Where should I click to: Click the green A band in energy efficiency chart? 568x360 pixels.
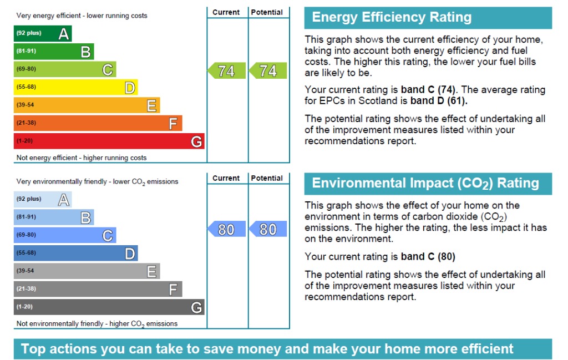click(x=43, y=34)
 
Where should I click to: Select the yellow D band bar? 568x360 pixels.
click(x=75, y=87)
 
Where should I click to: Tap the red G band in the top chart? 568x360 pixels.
click(x=109, y=141)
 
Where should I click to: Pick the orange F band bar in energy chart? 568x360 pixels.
click(x=98, y=123)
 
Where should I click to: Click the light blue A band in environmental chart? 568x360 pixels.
click(x=43, y=199)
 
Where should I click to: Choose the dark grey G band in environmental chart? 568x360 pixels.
click(x=109, y=307)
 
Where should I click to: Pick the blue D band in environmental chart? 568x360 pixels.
click(x=75, y=253)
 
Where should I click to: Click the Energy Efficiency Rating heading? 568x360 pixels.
click(x=392, y=18)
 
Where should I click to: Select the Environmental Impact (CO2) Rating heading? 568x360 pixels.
click(x=425, y=184)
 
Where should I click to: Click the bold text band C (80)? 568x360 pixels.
click(x=428, y=257)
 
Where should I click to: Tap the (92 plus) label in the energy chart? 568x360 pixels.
click(x=29, y=33)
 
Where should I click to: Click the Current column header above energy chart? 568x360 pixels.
click(x=226, y=12)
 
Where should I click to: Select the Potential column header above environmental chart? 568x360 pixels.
click(x=267, y=178)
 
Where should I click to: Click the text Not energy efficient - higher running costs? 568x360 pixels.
click(x=82, y=158)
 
